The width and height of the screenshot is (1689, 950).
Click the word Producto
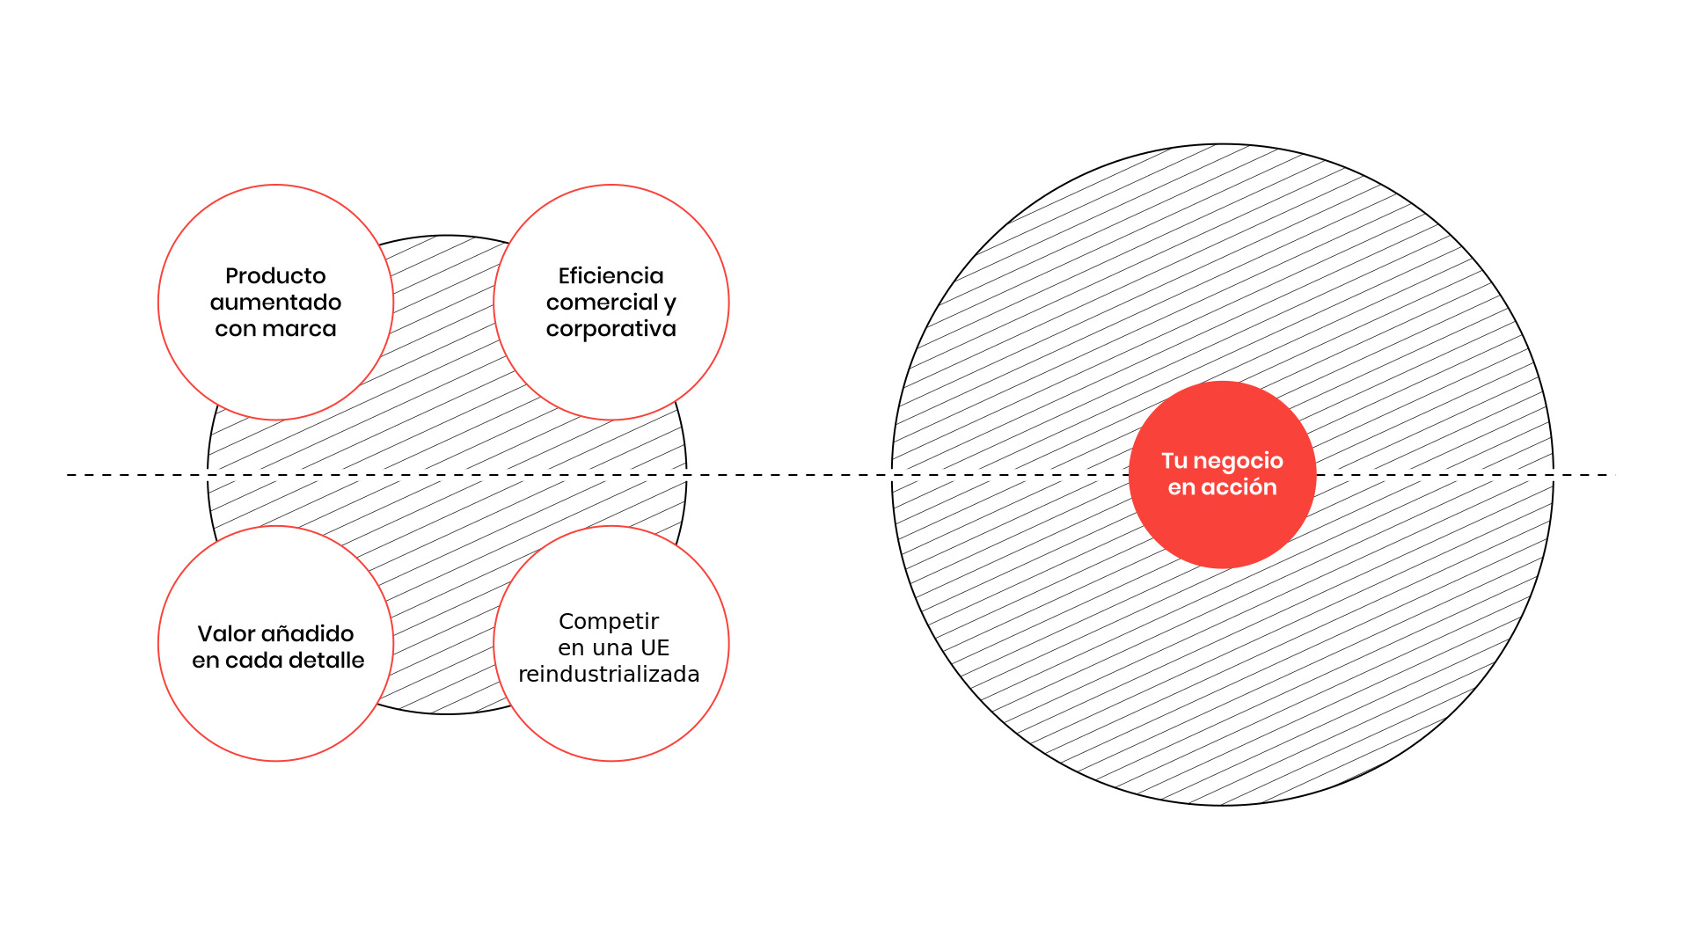point(275,276)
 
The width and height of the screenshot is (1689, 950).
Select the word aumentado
point(275,303)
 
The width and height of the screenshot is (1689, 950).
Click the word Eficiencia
point(611,276)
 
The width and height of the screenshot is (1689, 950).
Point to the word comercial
point(603,303)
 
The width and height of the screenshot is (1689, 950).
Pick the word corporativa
point(611,330)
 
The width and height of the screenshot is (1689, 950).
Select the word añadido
point(307,634)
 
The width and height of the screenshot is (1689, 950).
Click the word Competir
point(609,622)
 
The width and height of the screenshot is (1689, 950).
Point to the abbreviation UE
point(655,648)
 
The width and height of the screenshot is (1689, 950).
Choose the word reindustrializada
point(609,675)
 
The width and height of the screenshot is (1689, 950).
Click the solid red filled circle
point(1222,475)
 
